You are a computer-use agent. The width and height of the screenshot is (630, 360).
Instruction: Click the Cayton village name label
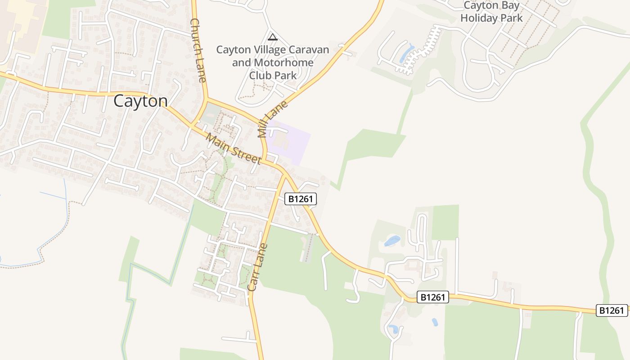coord(140,101)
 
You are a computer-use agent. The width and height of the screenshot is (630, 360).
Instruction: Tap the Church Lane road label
coord(198,50)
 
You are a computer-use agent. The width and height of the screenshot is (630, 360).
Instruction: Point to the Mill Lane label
coord(272,119)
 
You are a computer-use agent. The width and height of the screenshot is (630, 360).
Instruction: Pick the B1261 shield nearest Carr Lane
coord(301,199)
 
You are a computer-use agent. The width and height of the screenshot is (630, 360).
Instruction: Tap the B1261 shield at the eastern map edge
coord(612,310)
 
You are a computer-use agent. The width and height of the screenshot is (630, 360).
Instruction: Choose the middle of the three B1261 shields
coord(433,297)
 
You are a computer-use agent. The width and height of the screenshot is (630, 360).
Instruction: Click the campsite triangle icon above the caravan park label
coord(272,37)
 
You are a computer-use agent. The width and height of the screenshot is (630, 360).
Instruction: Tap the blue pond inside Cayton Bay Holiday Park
coord(407,52)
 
